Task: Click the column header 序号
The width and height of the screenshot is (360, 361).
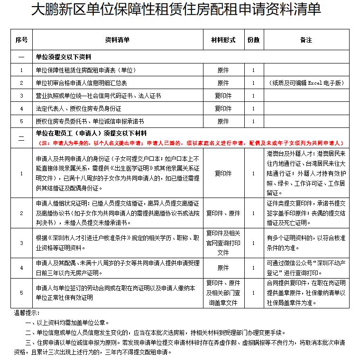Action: (x=21, y=40)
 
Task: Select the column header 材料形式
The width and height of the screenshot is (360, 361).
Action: (x=222, y=40)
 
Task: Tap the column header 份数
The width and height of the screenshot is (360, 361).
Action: (x=253, y=40)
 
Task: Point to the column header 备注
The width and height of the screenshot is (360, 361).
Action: (x=306, y=40)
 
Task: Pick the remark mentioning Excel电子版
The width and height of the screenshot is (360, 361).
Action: (x=306, y=83)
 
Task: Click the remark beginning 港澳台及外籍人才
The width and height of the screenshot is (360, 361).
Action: (x=306, y=173)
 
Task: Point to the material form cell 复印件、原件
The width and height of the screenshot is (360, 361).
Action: (x=222, y=213)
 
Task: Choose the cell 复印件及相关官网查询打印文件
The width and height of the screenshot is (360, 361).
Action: (x=222, y=243)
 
